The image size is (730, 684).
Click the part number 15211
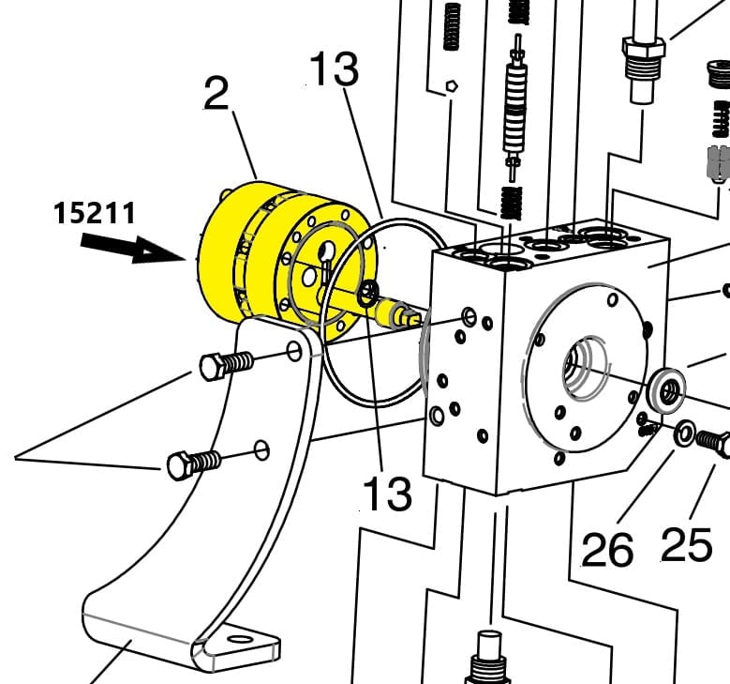pos(95,213)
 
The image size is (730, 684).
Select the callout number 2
pos(216,94)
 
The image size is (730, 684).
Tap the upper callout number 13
pos(335,69)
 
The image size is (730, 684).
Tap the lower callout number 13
pos(387,494)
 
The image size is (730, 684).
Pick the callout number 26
pos(607,550)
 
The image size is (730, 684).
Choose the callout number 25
pos(687,544)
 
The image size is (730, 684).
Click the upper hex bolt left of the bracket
pos(227,365)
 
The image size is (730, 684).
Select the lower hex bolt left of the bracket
pos(194,464)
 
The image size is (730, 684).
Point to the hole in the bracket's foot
pos(240,638)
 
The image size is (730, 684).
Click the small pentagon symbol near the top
pos(451,86)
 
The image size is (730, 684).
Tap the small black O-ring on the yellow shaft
pos(368,293)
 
